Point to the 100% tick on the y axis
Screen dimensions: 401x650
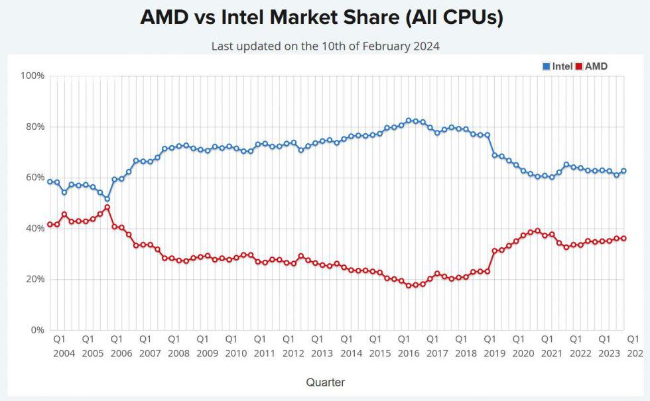[32, 76]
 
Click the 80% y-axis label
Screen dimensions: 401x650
[34, 127]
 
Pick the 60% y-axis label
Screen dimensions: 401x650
[34, 178]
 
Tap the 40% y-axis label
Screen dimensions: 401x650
[34, 228]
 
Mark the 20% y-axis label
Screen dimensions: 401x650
[34, 279]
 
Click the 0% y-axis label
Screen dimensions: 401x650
[37, 329]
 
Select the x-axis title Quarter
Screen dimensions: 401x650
[325, 382]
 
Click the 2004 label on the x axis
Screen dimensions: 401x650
[64, 353]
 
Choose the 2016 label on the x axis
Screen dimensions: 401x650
[409, 353]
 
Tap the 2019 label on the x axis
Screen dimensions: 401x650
[495, 353]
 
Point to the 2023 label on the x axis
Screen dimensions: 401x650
[610, 353]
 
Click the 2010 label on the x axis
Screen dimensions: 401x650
[236, 353]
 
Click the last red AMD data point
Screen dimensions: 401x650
[623, 239]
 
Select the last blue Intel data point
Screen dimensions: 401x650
[623, 171]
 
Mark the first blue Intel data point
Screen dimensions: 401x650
[50, 182]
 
